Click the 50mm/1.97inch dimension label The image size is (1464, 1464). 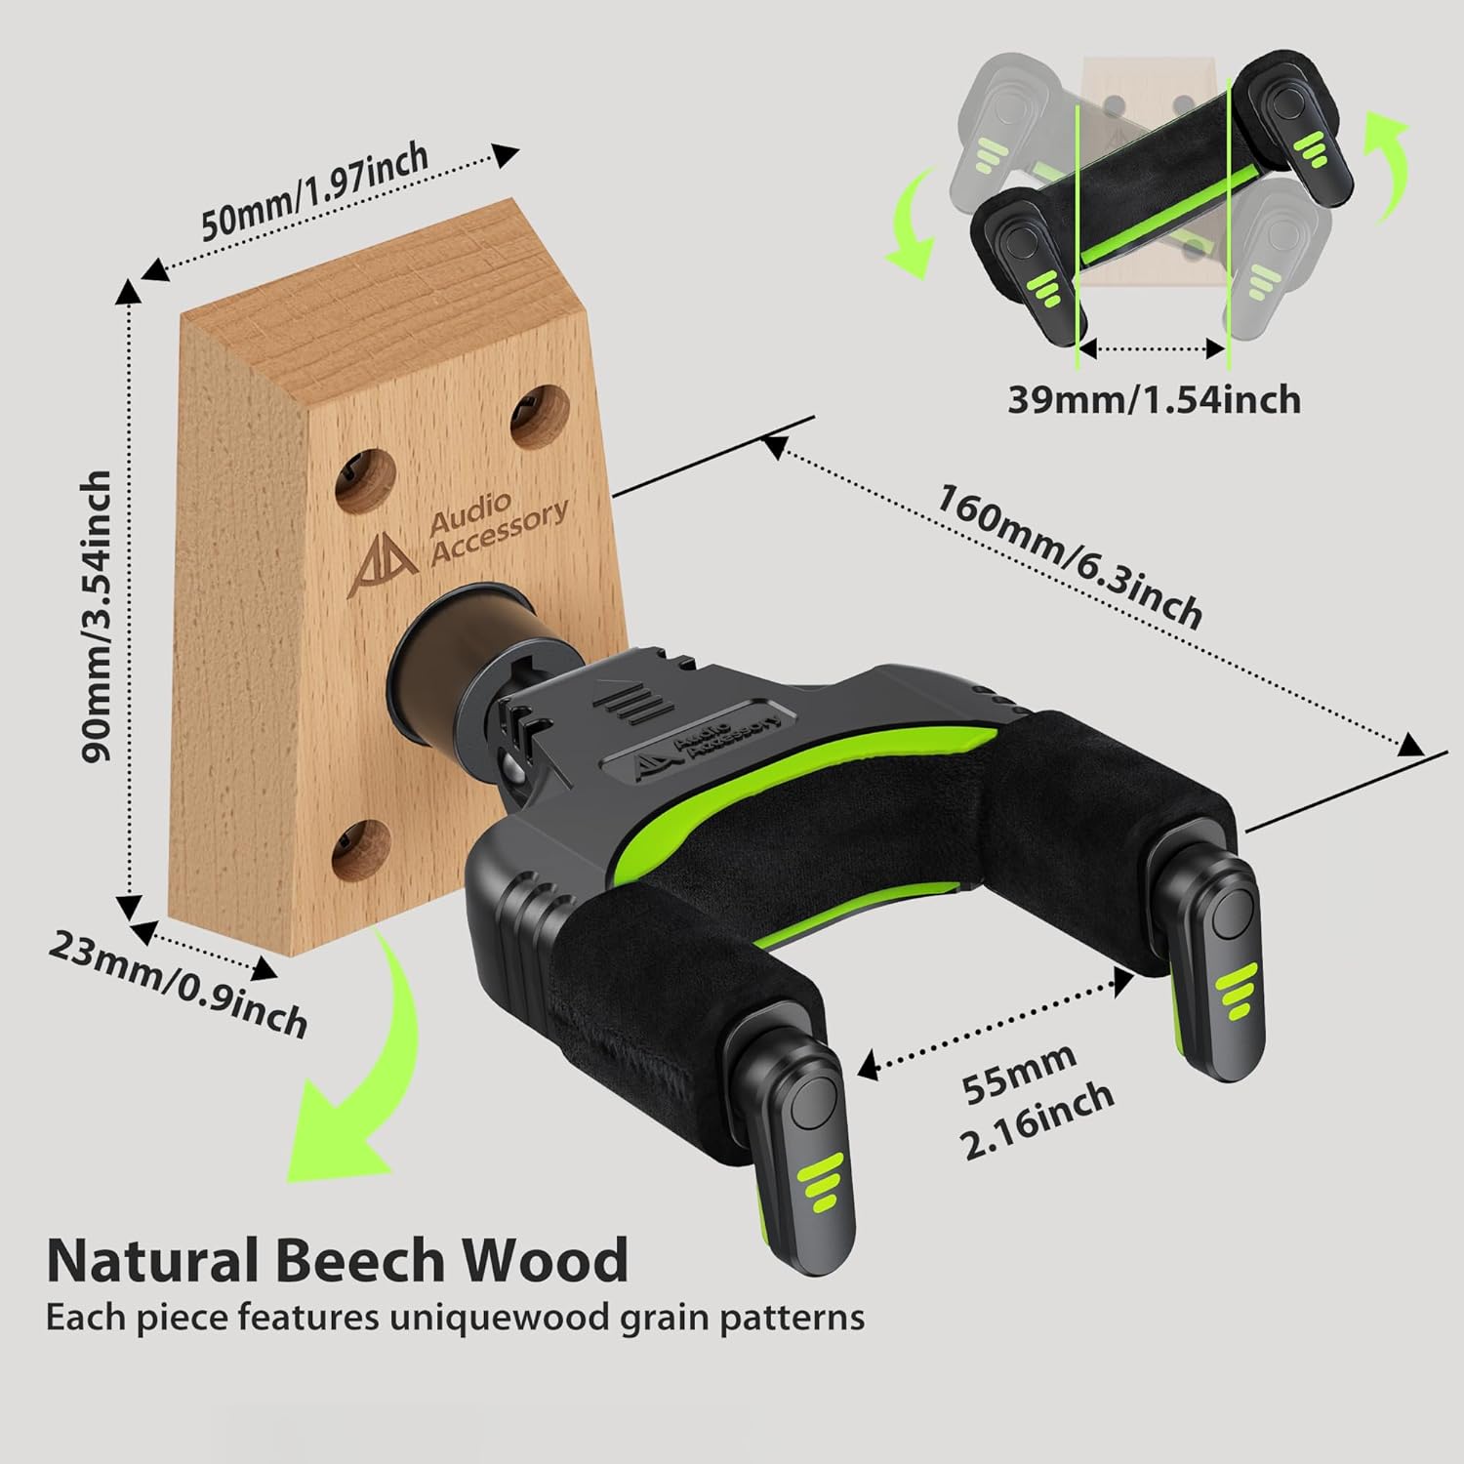tap(314, 192)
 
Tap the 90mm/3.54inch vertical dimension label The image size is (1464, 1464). tap(98, 616)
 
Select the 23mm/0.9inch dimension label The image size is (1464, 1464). tap(179, 986)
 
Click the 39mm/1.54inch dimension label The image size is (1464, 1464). tap(1154, 400)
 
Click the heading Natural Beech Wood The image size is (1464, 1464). tap(337, 1260)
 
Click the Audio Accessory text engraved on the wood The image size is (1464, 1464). tap(498, 530)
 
